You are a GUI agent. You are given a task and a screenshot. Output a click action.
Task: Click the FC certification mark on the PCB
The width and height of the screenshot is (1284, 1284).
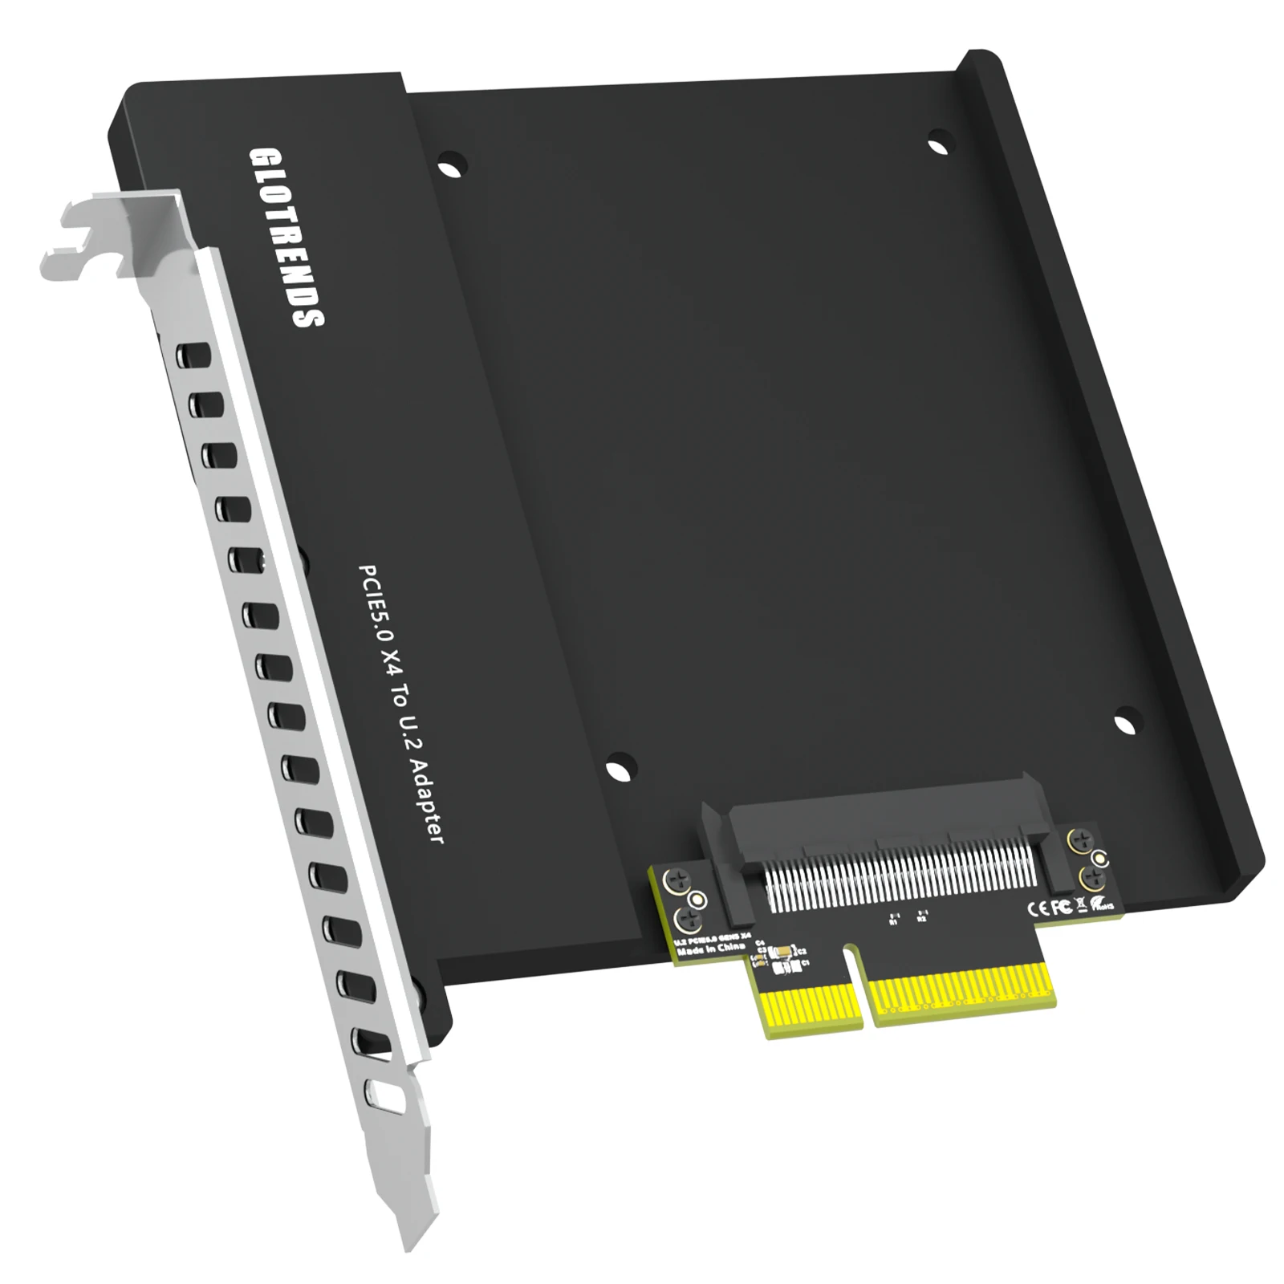click(x=1062, y=906)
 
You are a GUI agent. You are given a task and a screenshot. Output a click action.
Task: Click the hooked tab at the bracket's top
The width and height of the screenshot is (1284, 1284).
click(x=72, y=233)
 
